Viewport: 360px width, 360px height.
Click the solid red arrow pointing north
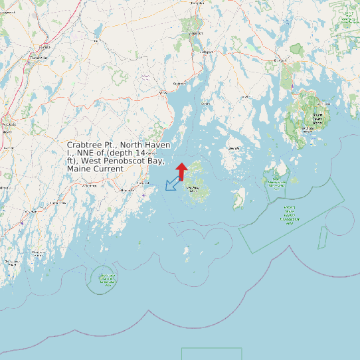(181, 171)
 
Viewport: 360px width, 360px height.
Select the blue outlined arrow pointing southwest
(172, 183)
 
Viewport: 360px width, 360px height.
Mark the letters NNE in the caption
(87, 153)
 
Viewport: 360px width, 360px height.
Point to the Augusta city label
(9, 124)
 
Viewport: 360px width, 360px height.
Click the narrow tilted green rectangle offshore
(323, 237)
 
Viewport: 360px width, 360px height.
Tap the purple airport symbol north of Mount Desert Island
(292, 86)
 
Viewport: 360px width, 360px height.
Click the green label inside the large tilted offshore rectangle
(290, 215)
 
